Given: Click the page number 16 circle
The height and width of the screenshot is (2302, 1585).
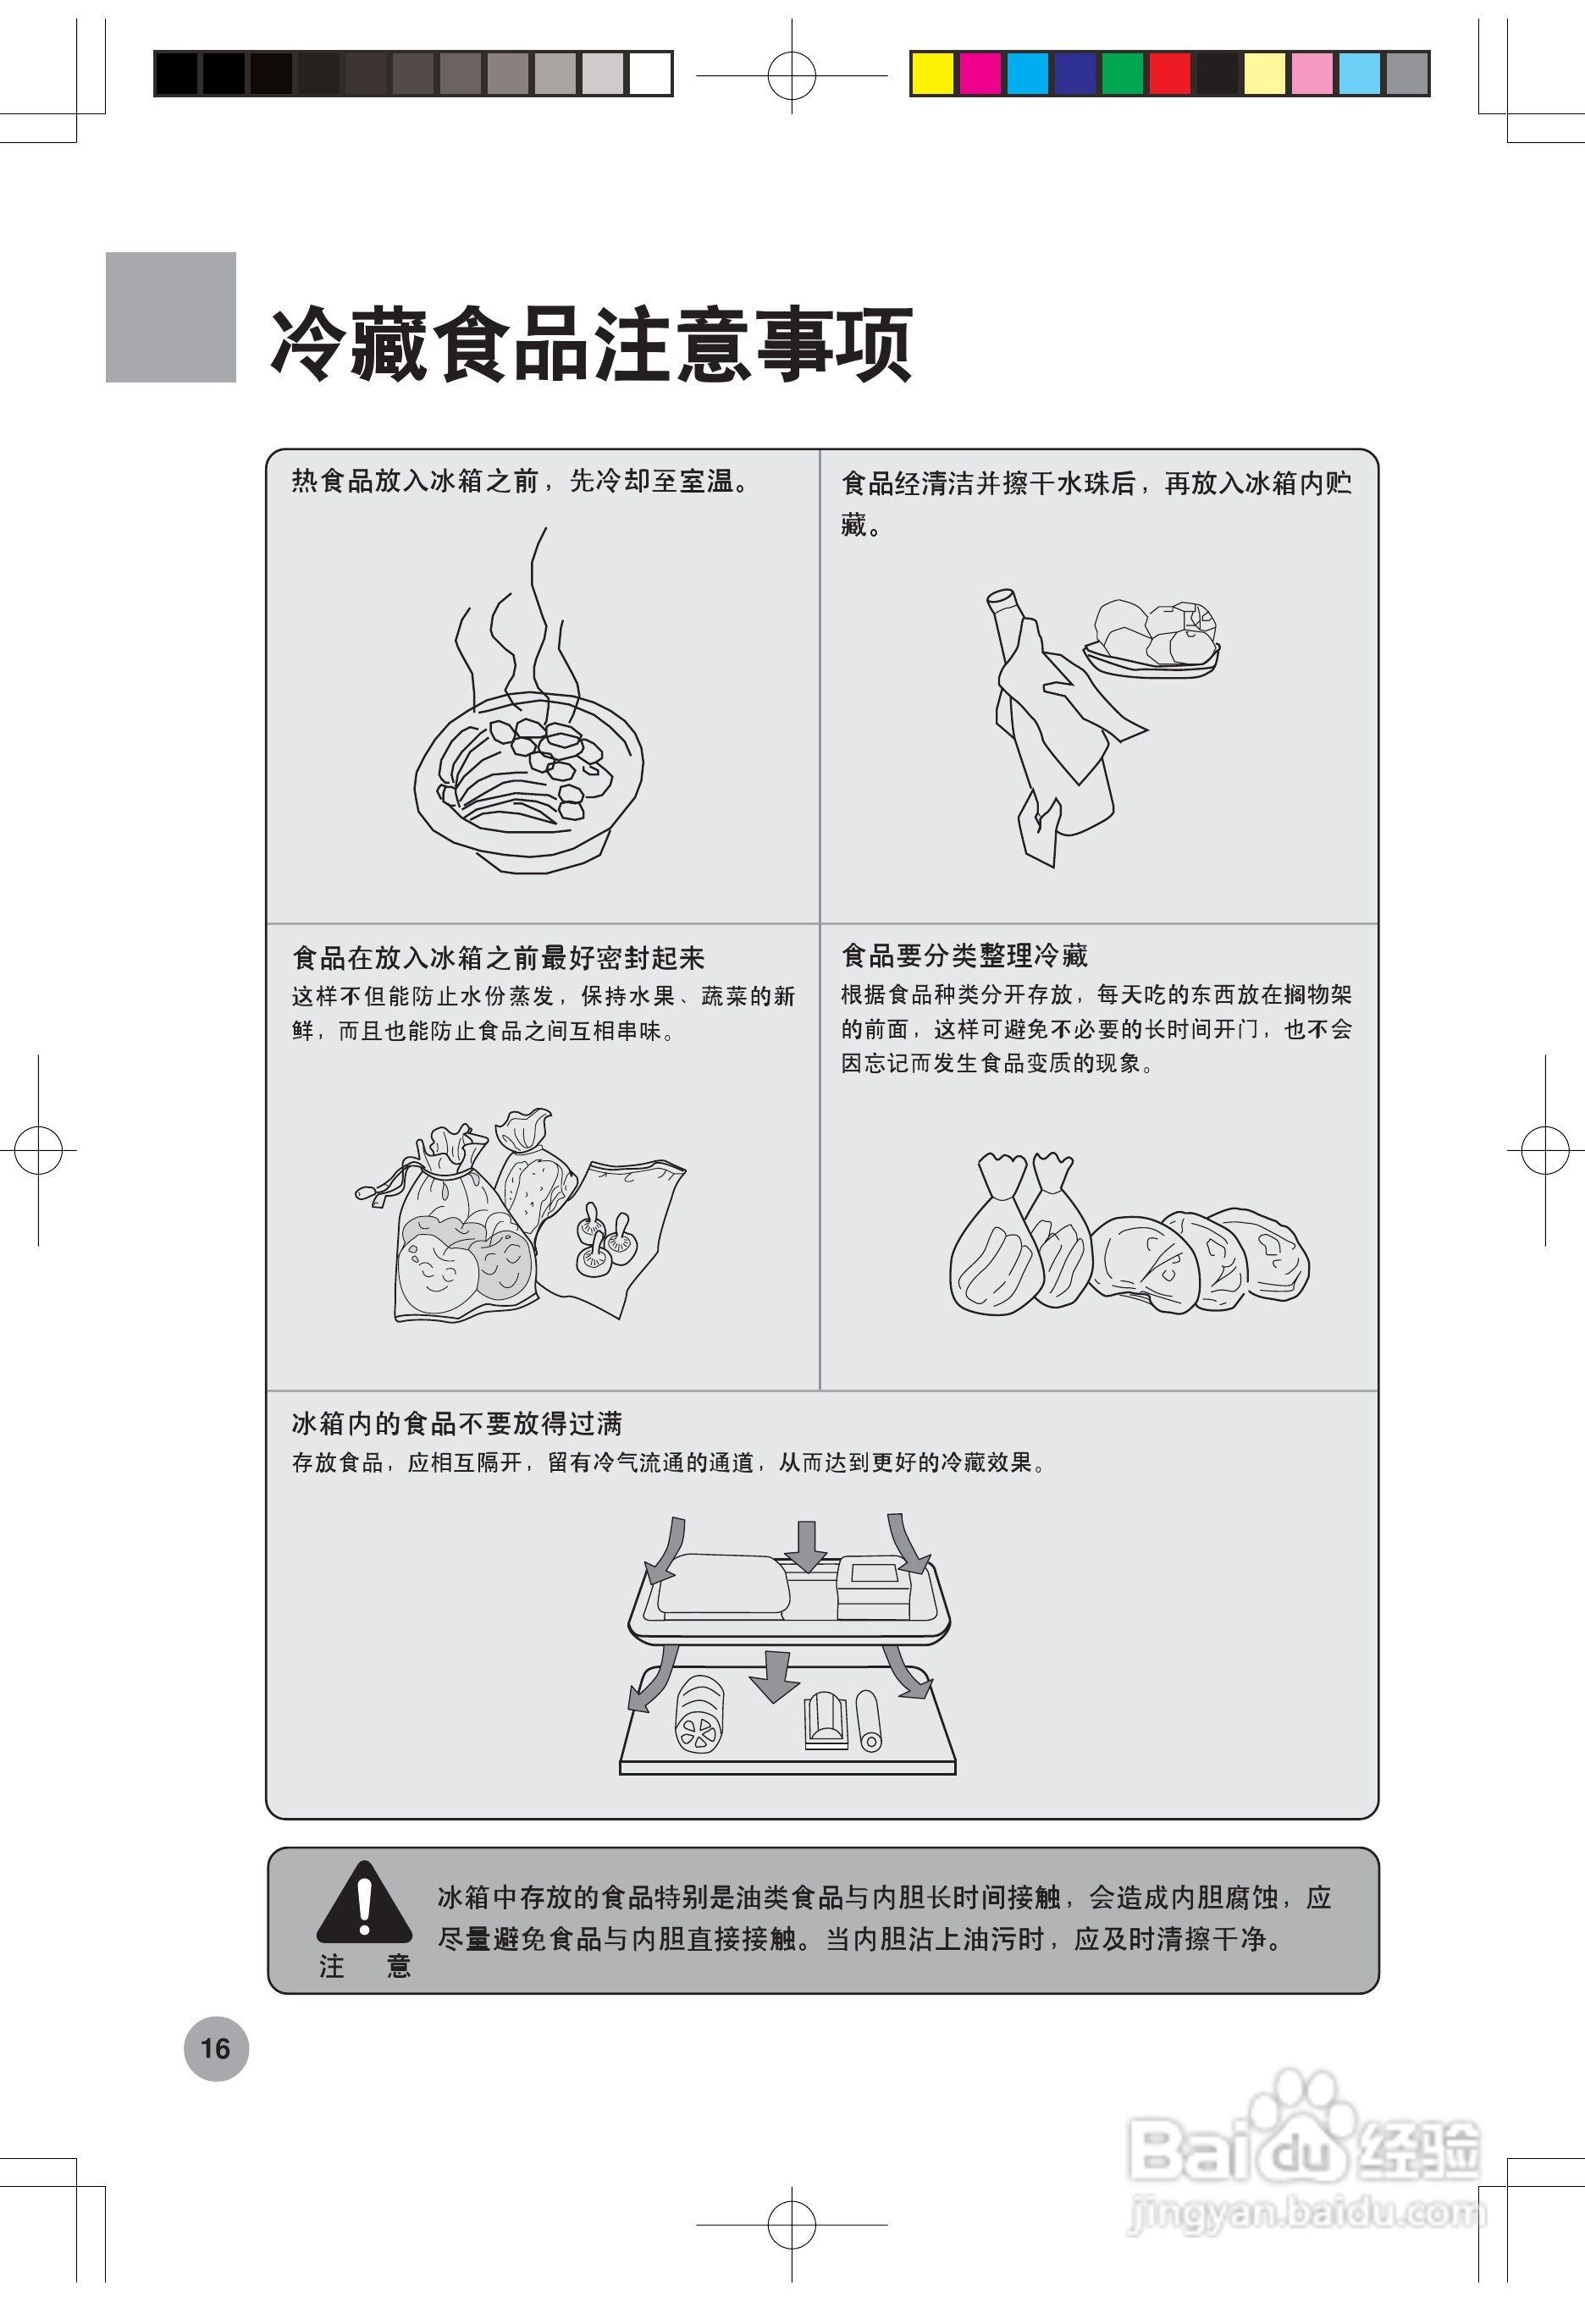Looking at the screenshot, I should point(216,2048).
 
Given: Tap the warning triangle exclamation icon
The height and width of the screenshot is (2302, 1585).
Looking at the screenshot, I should point(363,1903).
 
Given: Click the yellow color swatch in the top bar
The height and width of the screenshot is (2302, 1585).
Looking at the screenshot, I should point(932,74).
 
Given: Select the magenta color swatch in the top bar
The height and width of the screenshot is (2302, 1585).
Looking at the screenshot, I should point(980,74).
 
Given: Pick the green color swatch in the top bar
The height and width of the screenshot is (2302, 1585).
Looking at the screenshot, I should point(1122,74).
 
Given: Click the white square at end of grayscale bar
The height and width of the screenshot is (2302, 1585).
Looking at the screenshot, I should point(650,74).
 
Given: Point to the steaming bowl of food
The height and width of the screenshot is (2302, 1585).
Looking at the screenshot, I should point(528,779).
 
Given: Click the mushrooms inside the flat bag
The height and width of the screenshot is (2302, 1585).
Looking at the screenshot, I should point(605,1242).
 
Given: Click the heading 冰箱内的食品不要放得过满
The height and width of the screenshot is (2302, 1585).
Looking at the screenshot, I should point(457,1423).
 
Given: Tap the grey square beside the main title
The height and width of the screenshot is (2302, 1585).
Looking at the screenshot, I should point(171,317).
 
